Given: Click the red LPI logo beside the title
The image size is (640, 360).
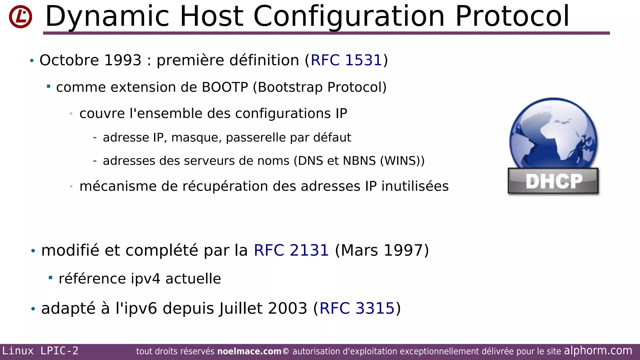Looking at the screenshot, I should click(20, 17).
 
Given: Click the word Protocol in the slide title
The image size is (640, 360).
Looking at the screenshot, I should click(512, 16).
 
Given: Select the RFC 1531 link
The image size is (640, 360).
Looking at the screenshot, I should click(346, 60).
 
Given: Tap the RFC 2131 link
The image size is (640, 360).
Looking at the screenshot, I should click(291, 250).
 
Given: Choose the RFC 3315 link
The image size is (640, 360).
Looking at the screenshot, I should click(357, 308).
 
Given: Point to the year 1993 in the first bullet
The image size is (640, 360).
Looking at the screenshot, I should click(123, 60).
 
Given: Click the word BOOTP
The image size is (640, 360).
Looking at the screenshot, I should click(225, 87).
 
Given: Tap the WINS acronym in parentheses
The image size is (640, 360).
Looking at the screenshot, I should click(401, 161).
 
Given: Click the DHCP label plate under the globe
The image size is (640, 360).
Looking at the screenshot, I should click(553, 181).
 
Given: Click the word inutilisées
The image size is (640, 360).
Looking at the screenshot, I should click(415, 186).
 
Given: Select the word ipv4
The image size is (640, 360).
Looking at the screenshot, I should click(145, 279).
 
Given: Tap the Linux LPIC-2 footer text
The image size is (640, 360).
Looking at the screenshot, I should click(40, 351).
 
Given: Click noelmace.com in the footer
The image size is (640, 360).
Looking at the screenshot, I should click(249, 352).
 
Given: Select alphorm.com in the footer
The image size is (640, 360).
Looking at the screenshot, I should click(598, 351).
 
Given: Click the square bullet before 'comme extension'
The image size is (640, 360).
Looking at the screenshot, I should click(48, 86).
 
